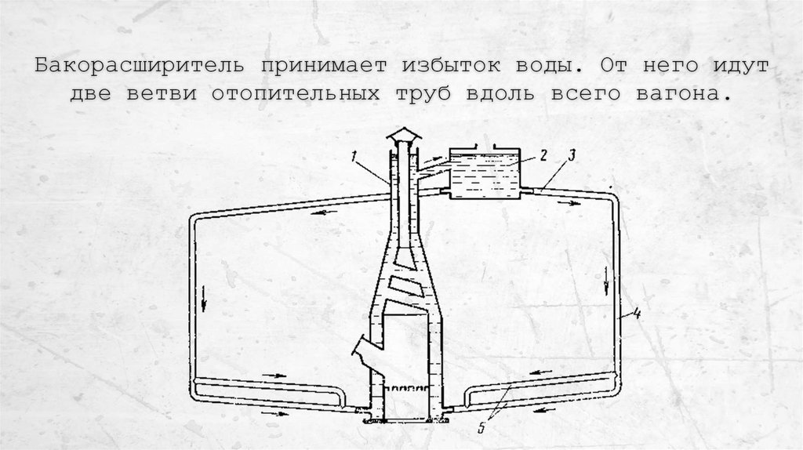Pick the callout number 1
(354, 158)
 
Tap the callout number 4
(638, 315)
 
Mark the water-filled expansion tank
(483, 175)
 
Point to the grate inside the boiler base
(409, 389)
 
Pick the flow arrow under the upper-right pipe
(575, 201)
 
